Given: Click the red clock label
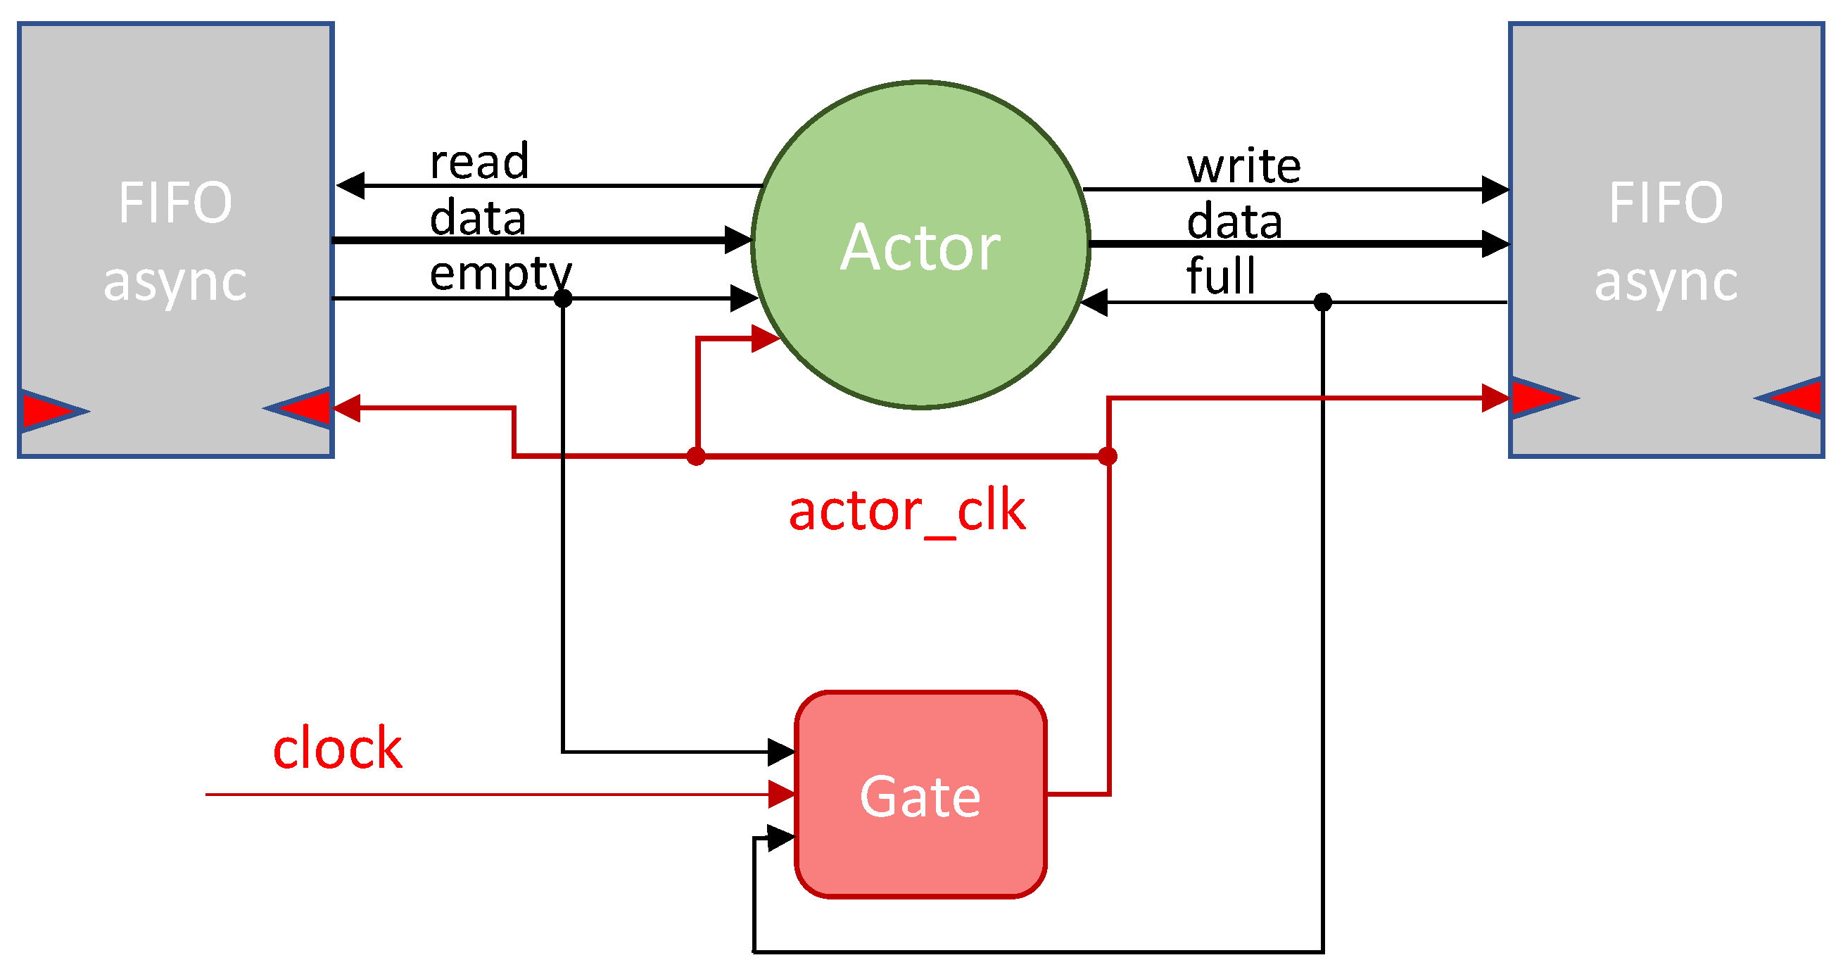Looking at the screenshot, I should pos(337,749).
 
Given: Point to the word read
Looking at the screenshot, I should pos(479,161).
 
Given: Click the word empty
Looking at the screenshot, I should pos(500,273).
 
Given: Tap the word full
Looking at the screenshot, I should pos(1220,276).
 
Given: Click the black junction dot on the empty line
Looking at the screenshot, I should pos(563,298).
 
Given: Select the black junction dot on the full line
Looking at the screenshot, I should pos(1323,302).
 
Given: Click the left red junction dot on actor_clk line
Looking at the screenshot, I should pos(696,456).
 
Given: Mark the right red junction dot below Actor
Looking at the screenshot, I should pos(1108,456).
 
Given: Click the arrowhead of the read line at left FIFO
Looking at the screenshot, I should pos(350,186).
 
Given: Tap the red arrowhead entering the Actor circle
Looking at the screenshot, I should pos(765,339).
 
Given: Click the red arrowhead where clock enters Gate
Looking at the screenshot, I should pos(781,795).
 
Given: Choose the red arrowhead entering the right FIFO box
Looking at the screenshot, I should pos(1495,398).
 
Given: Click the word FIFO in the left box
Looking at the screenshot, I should pos(175,203).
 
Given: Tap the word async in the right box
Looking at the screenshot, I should pos(1666,282).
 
